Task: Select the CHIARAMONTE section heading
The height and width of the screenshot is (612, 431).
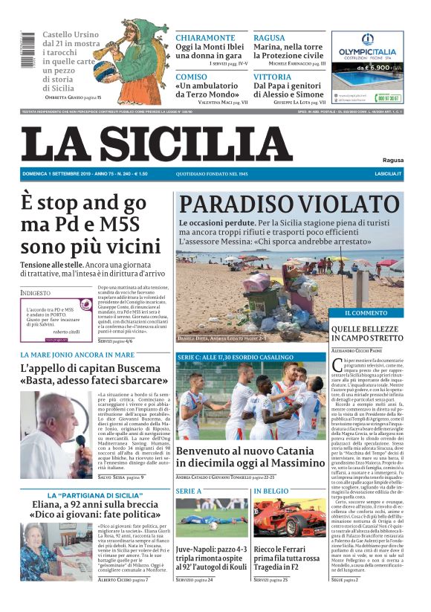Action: click(205, 38)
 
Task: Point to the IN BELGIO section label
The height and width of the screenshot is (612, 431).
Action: click(271, 492)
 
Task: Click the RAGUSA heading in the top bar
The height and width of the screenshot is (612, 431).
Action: click(269, 38)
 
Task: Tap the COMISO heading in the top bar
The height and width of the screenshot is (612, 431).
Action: click(192, 77)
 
